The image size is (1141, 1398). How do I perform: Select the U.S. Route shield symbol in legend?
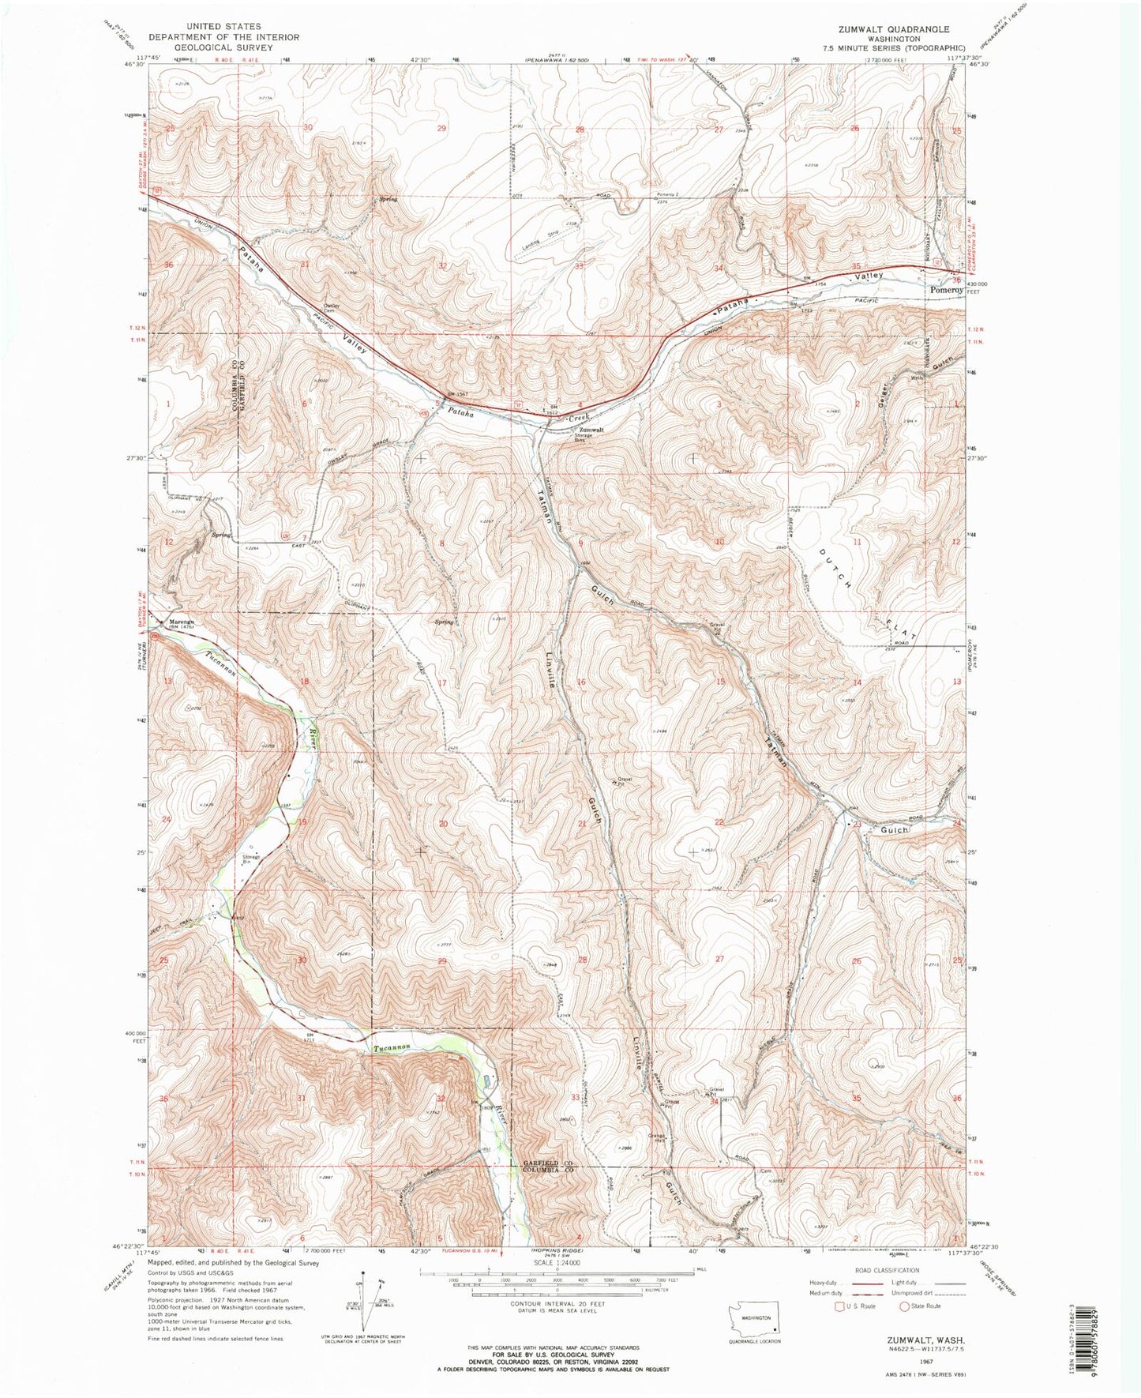point(839,1306)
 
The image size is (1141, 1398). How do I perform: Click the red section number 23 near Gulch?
point(856,824)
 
